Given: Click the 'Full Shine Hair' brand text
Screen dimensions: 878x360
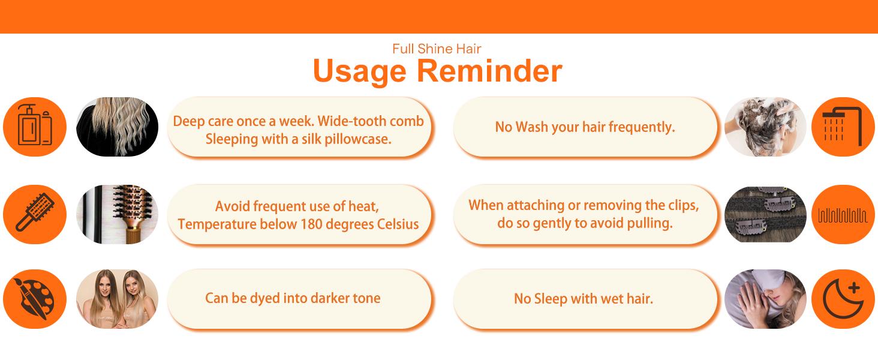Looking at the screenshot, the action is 437,49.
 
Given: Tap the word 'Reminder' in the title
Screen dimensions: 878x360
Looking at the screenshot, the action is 489,71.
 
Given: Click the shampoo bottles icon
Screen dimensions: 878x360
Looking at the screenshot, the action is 35,125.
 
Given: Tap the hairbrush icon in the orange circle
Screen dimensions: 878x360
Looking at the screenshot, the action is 35,211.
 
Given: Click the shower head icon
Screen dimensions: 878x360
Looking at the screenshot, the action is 842,126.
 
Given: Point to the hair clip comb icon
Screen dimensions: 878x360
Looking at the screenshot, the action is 843,215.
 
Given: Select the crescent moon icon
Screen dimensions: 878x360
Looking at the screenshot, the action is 843,299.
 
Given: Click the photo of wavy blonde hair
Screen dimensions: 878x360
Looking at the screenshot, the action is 117,127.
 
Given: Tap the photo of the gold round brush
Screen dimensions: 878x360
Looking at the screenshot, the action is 117,214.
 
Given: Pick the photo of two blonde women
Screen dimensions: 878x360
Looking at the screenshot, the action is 117,299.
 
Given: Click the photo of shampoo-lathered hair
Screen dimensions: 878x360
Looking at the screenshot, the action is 765,127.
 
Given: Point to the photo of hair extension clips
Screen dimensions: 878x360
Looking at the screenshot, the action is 765,214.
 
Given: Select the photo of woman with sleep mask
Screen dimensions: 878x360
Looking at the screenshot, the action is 765,299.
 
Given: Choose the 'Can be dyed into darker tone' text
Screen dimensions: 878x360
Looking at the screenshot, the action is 293,298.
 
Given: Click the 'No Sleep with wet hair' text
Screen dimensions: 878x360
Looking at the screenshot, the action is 584,299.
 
